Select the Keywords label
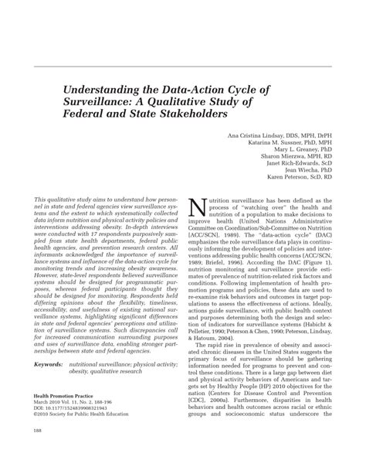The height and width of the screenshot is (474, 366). [x=49, y=363]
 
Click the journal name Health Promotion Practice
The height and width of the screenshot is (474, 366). [x=66, y=394]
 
